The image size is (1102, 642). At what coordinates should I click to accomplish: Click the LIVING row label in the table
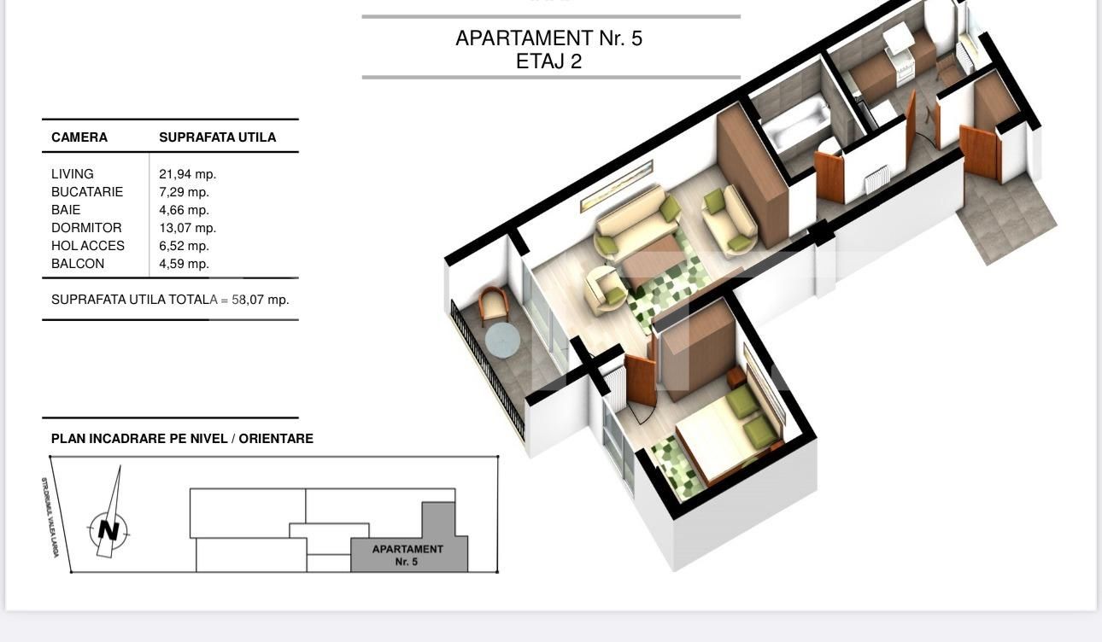tap(73, 174)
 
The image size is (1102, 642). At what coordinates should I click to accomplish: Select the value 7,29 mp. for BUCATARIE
tap(184, 192)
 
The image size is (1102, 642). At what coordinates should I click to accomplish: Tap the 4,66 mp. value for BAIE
tap(184, 210)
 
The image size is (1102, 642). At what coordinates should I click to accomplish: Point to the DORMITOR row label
tap(86, 228)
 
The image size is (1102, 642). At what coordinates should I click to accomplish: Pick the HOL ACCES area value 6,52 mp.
tap(184, 246)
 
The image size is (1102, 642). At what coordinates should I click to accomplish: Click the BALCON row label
tap(78, 264)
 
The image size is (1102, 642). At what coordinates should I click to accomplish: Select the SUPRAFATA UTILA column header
tap(217, 137)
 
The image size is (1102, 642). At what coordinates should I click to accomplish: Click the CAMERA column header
tap(79, 137)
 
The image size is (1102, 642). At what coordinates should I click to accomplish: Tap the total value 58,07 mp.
tap(261, 300)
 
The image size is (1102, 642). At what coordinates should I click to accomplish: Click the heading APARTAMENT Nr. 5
tap(548, 38)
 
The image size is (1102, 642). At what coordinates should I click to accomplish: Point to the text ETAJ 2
tap(548, 61)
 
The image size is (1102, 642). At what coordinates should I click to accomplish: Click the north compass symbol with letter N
tap(108, 529)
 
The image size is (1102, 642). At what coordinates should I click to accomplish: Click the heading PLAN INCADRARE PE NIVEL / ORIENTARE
tap(182, 439)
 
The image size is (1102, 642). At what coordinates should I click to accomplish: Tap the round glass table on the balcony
tap(502, 341)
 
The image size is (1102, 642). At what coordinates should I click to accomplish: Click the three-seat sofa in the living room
tap(632, 222)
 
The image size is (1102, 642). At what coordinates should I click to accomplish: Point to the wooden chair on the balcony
tap(494, 305)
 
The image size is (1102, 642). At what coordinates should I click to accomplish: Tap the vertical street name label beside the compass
tap(50, 517)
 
